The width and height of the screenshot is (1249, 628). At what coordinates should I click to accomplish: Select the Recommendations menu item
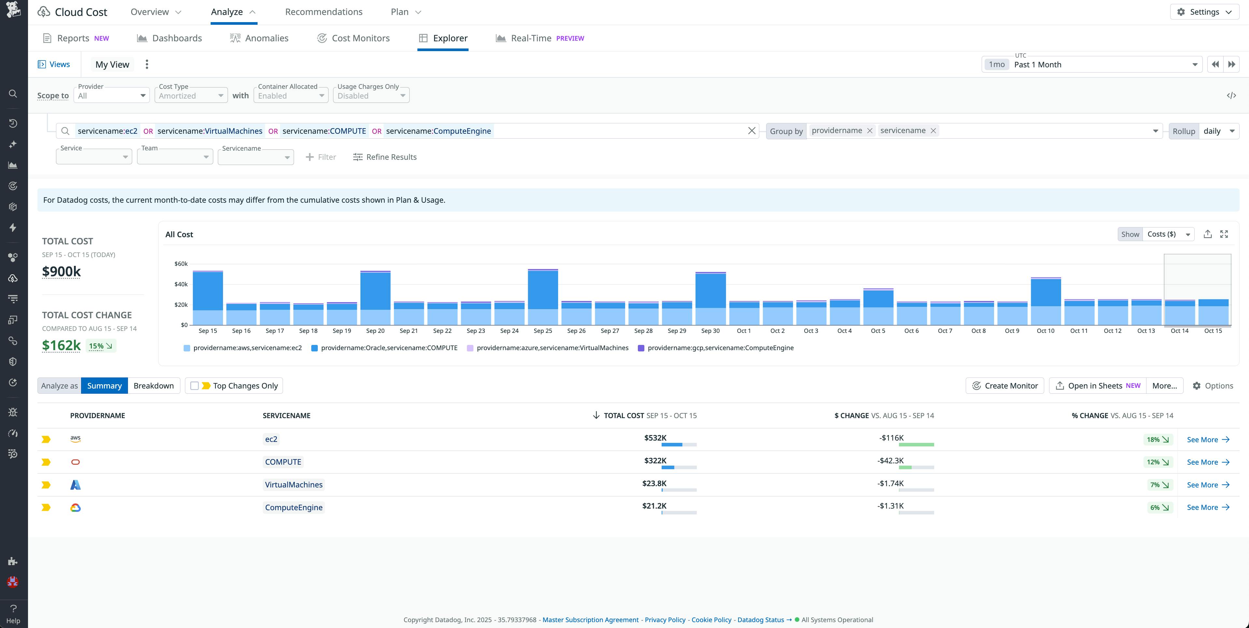coord(323,12)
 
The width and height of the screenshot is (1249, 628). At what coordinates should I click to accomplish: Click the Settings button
coord(1204,12)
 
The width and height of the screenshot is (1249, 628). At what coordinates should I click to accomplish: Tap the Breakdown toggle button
coord(153,386)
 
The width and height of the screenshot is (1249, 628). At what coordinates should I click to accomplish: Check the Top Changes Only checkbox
coord(194,386)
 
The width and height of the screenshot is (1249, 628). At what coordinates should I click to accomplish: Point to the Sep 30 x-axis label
coord(710,331)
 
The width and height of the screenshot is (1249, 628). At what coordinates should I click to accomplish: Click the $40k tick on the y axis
coord(181,284)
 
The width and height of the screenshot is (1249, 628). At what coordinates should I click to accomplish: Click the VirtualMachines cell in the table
coord(293,485)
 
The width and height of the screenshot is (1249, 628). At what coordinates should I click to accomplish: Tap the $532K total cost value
coord(655,438)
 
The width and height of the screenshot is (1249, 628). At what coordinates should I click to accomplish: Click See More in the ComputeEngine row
coord(1207,507)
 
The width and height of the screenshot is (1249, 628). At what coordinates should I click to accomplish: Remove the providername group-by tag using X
coord(869,131)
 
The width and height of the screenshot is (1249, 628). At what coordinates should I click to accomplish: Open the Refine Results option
coord(385,157)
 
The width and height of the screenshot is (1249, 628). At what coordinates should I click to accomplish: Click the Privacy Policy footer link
coord(665,620)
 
